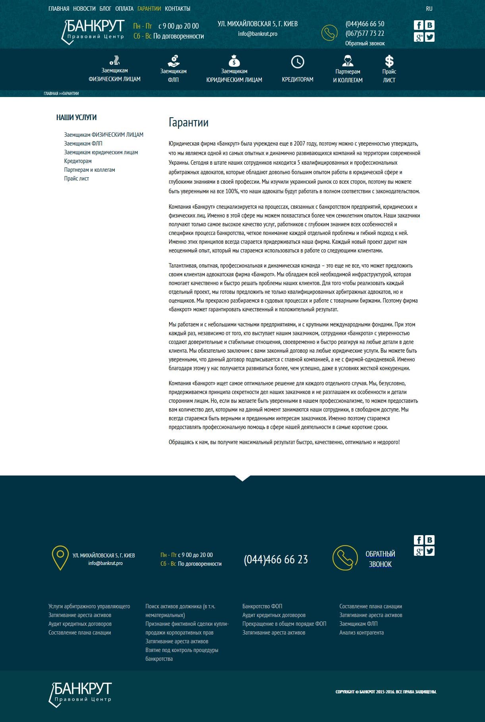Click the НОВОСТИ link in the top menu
[84, 9]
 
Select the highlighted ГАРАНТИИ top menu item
[149, 9]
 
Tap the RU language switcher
[429, 9]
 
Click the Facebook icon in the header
[418, 25]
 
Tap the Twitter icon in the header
[430, 37]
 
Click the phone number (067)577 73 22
[365, 33]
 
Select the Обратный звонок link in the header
[365, 43]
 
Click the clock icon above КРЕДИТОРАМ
[298, 62]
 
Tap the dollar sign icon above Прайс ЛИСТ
[389, 61]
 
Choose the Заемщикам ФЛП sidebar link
[83, 144]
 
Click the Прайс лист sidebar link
[77, 179]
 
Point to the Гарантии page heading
[188, 122]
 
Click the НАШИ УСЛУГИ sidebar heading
[76, 117]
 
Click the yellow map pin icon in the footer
[60, 558]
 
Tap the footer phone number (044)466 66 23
[276, 559]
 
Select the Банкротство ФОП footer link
[262, 606]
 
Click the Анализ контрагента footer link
[361, 633]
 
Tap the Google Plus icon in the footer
[418, 551]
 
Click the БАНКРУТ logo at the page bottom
[80, 694]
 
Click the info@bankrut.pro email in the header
[257, 34]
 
